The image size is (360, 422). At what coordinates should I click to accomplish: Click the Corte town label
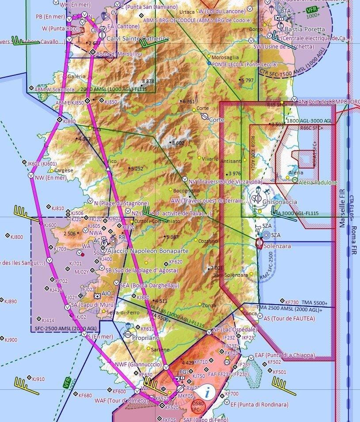tap(216, 120)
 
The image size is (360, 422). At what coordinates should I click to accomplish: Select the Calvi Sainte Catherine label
tap(138, 39)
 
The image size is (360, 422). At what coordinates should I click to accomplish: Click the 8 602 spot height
tap(178, 143)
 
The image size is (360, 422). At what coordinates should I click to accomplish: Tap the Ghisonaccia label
tap(280, 202)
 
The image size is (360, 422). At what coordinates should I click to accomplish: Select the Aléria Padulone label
tap(318, 182)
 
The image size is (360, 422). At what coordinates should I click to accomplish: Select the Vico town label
tap(112, 161)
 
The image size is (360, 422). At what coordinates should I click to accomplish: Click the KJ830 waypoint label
tap(69, 121)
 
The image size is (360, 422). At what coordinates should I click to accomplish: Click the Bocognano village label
tap(186, 191)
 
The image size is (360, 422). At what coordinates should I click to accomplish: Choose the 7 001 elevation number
tap(216, 268)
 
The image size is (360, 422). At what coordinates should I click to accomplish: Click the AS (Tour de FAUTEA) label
tap(289, 318)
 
